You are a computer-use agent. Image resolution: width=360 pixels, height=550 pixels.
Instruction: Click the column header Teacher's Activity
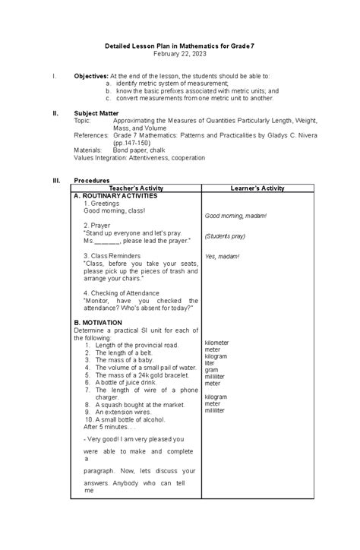coord(135,188)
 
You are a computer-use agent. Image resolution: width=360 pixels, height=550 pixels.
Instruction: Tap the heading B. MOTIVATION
coord(103,322)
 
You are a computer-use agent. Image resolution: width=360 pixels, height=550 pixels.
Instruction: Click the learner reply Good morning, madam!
coord(235,216)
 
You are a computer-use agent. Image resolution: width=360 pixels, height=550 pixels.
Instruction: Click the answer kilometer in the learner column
coord(216,343)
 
